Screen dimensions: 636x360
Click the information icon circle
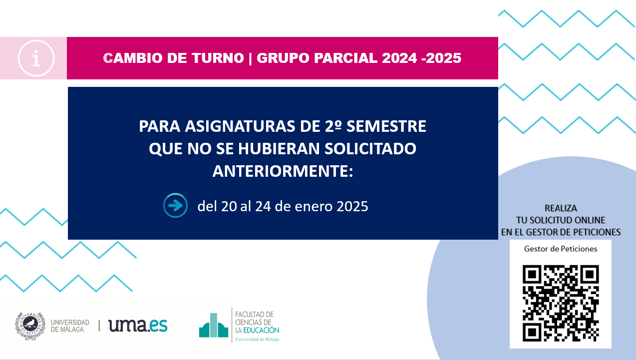tap(36, 58)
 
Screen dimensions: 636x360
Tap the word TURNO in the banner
tap(218, 58)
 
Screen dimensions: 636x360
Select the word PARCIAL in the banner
tap(345, 58)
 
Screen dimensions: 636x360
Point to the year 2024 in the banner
tap(400, 58)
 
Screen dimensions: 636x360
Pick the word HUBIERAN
tap(279, 148)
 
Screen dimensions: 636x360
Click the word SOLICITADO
tap(370, 148)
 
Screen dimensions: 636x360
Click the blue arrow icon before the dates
tap(175, 205)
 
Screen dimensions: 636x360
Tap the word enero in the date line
tap(314, 206)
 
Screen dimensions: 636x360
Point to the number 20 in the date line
tap(229, 206)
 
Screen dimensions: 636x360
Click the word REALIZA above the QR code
tap(561, 208)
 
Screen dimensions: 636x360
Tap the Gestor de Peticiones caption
tap(561, 249)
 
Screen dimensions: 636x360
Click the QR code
tap(561, 303)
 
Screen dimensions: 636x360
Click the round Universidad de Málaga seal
tap(30, 326)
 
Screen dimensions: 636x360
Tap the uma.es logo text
tap(138, 326)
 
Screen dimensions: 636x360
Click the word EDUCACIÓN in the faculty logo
tap(261, 330)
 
